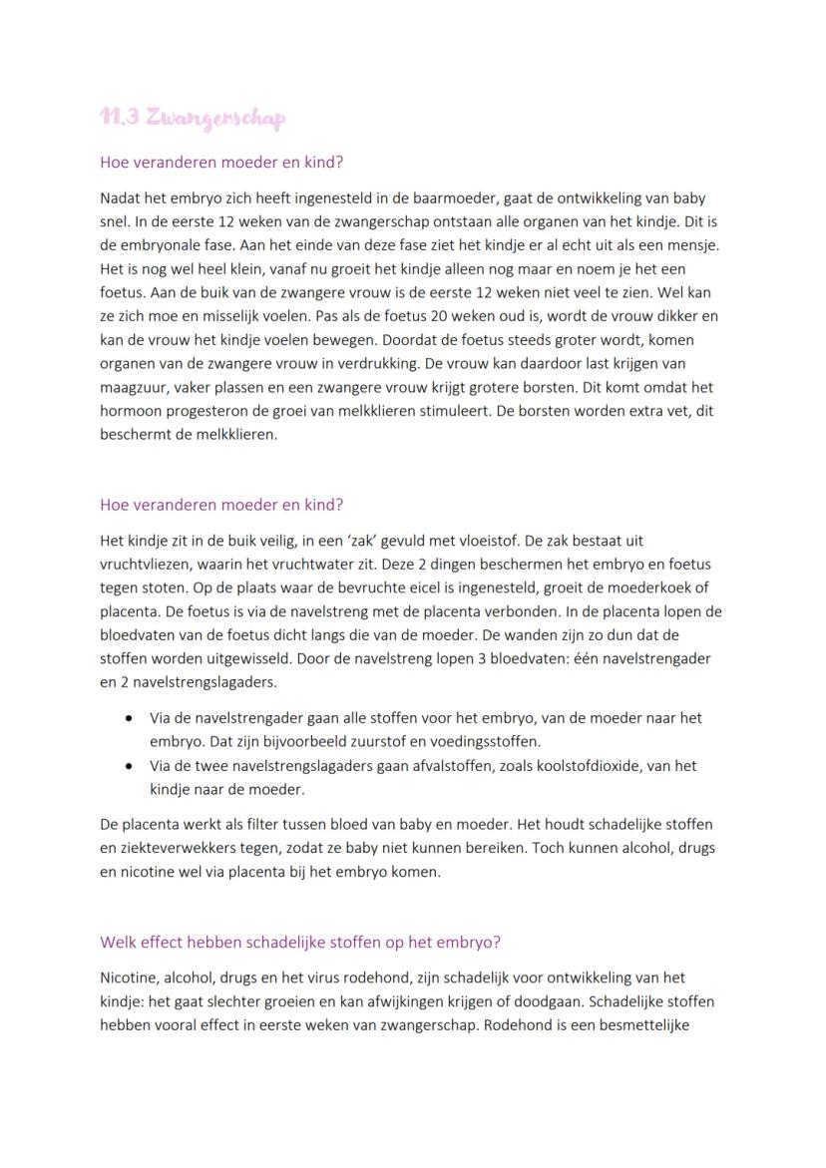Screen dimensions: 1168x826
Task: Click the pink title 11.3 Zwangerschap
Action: point(193,118)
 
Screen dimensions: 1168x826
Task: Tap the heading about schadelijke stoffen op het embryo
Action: point(300,942)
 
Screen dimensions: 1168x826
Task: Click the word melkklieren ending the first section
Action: point(235,434)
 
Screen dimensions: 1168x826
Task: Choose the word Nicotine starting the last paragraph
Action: point(128,977)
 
